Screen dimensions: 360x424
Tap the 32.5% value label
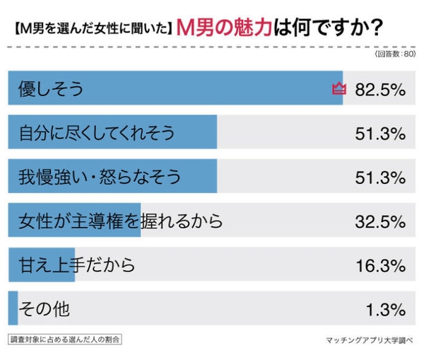tap(381, 222)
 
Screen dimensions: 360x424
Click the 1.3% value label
tap(386, 310)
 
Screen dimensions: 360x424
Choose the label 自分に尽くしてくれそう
tap(96, 133)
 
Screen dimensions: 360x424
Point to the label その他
tap(44, 310)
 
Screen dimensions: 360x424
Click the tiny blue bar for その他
tap(12, 310)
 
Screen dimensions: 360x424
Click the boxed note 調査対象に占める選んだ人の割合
tap(65, 339)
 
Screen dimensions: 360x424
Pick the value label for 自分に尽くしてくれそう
tap(381, 133)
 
